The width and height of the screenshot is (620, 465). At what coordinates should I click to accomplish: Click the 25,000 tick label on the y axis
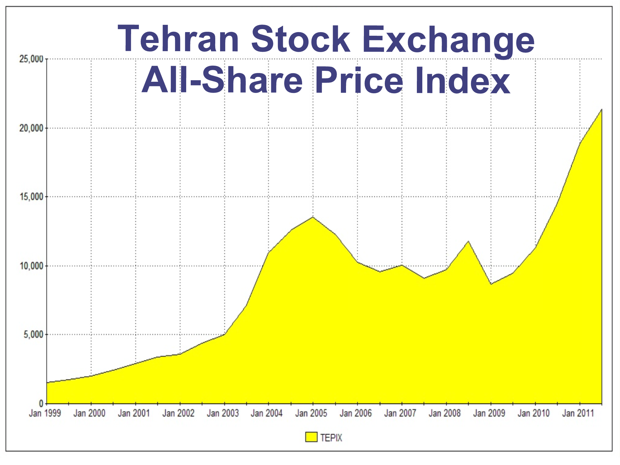pos(31,59)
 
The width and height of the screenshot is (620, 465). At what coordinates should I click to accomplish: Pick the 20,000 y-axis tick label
pos(31,128)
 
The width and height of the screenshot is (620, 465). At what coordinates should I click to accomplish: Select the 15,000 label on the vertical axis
pos(31,197)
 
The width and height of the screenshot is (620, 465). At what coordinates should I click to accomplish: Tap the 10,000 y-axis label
pos(31,266)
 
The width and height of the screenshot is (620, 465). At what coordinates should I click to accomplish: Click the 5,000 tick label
pos(33,335)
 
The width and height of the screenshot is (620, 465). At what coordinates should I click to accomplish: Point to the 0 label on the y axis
pos(41,404)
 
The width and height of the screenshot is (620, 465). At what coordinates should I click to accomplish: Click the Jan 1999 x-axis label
pos(45,413)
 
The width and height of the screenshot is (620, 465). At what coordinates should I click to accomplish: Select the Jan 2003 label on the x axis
pos(223,413)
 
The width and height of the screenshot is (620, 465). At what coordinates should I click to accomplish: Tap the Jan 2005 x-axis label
pos(311,413)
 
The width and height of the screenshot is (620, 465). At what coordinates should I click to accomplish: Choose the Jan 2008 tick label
pos(444,413)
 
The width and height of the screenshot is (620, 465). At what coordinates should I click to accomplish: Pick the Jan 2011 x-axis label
pos(578,413)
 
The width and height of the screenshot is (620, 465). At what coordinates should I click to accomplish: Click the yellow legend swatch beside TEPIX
pos(311,437)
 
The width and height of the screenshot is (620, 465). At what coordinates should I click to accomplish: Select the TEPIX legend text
pos(331,438)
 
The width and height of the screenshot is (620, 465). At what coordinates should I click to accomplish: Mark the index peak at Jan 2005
pos(313,217)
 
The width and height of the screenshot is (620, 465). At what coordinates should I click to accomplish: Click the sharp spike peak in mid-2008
pos(469,241)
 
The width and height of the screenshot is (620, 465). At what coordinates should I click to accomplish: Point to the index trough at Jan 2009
pos(491,284)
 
